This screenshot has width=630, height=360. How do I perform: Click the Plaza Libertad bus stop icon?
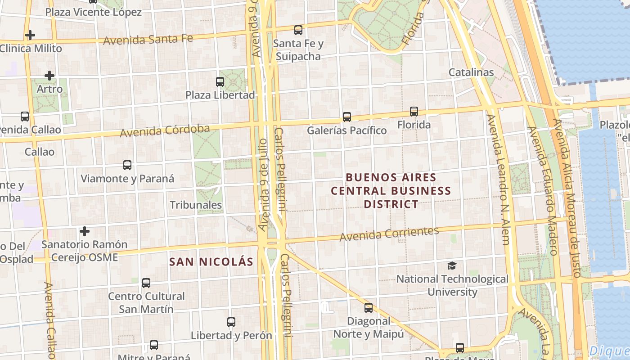(220, 82)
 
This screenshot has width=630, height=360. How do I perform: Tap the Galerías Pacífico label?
(346, 130)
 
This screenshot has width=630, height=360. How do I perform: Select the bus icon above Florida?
(414, 111)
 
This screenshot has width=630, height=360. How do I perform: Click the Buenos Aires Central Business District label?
(391, 191)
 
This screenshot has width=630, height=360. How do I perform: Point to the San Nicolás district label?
(211, 262)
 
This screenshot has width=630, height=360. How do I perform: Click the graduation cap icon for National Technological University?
(452, 266)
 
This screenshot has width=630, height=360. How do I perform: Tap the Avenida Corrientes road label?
(389, 234)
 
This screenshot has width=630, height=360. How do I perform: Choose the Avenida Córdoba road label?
(165, 131)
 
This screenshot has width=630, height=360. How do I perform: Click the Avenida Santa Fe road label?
(148, 40)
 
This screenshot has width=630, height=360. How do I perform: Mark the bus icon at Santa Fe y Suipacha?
(298, 30)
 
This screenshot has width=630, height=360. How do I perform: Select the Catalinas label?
(471, 72)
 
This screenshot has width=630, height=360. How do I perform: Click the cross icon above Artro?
(49, 76)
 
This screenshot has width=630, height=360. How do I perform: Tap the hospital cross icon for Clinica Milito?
(30, 35)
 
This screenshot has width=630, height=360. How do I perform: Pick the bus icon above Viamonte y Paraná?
(127, 165)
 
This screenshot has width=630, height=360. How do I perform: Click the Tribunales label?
(196, 205)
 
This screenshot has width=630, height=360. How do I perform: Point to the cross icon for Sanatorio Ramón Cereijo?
(84, 231)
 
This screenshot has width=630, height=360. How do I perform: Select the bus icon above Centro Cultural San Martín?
(146, 283)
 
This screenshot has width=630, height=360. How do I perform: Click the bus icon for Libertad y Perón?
(231, 322)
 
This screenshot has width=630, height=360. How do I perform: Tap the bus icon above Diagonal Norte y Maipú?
(369, 308)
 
